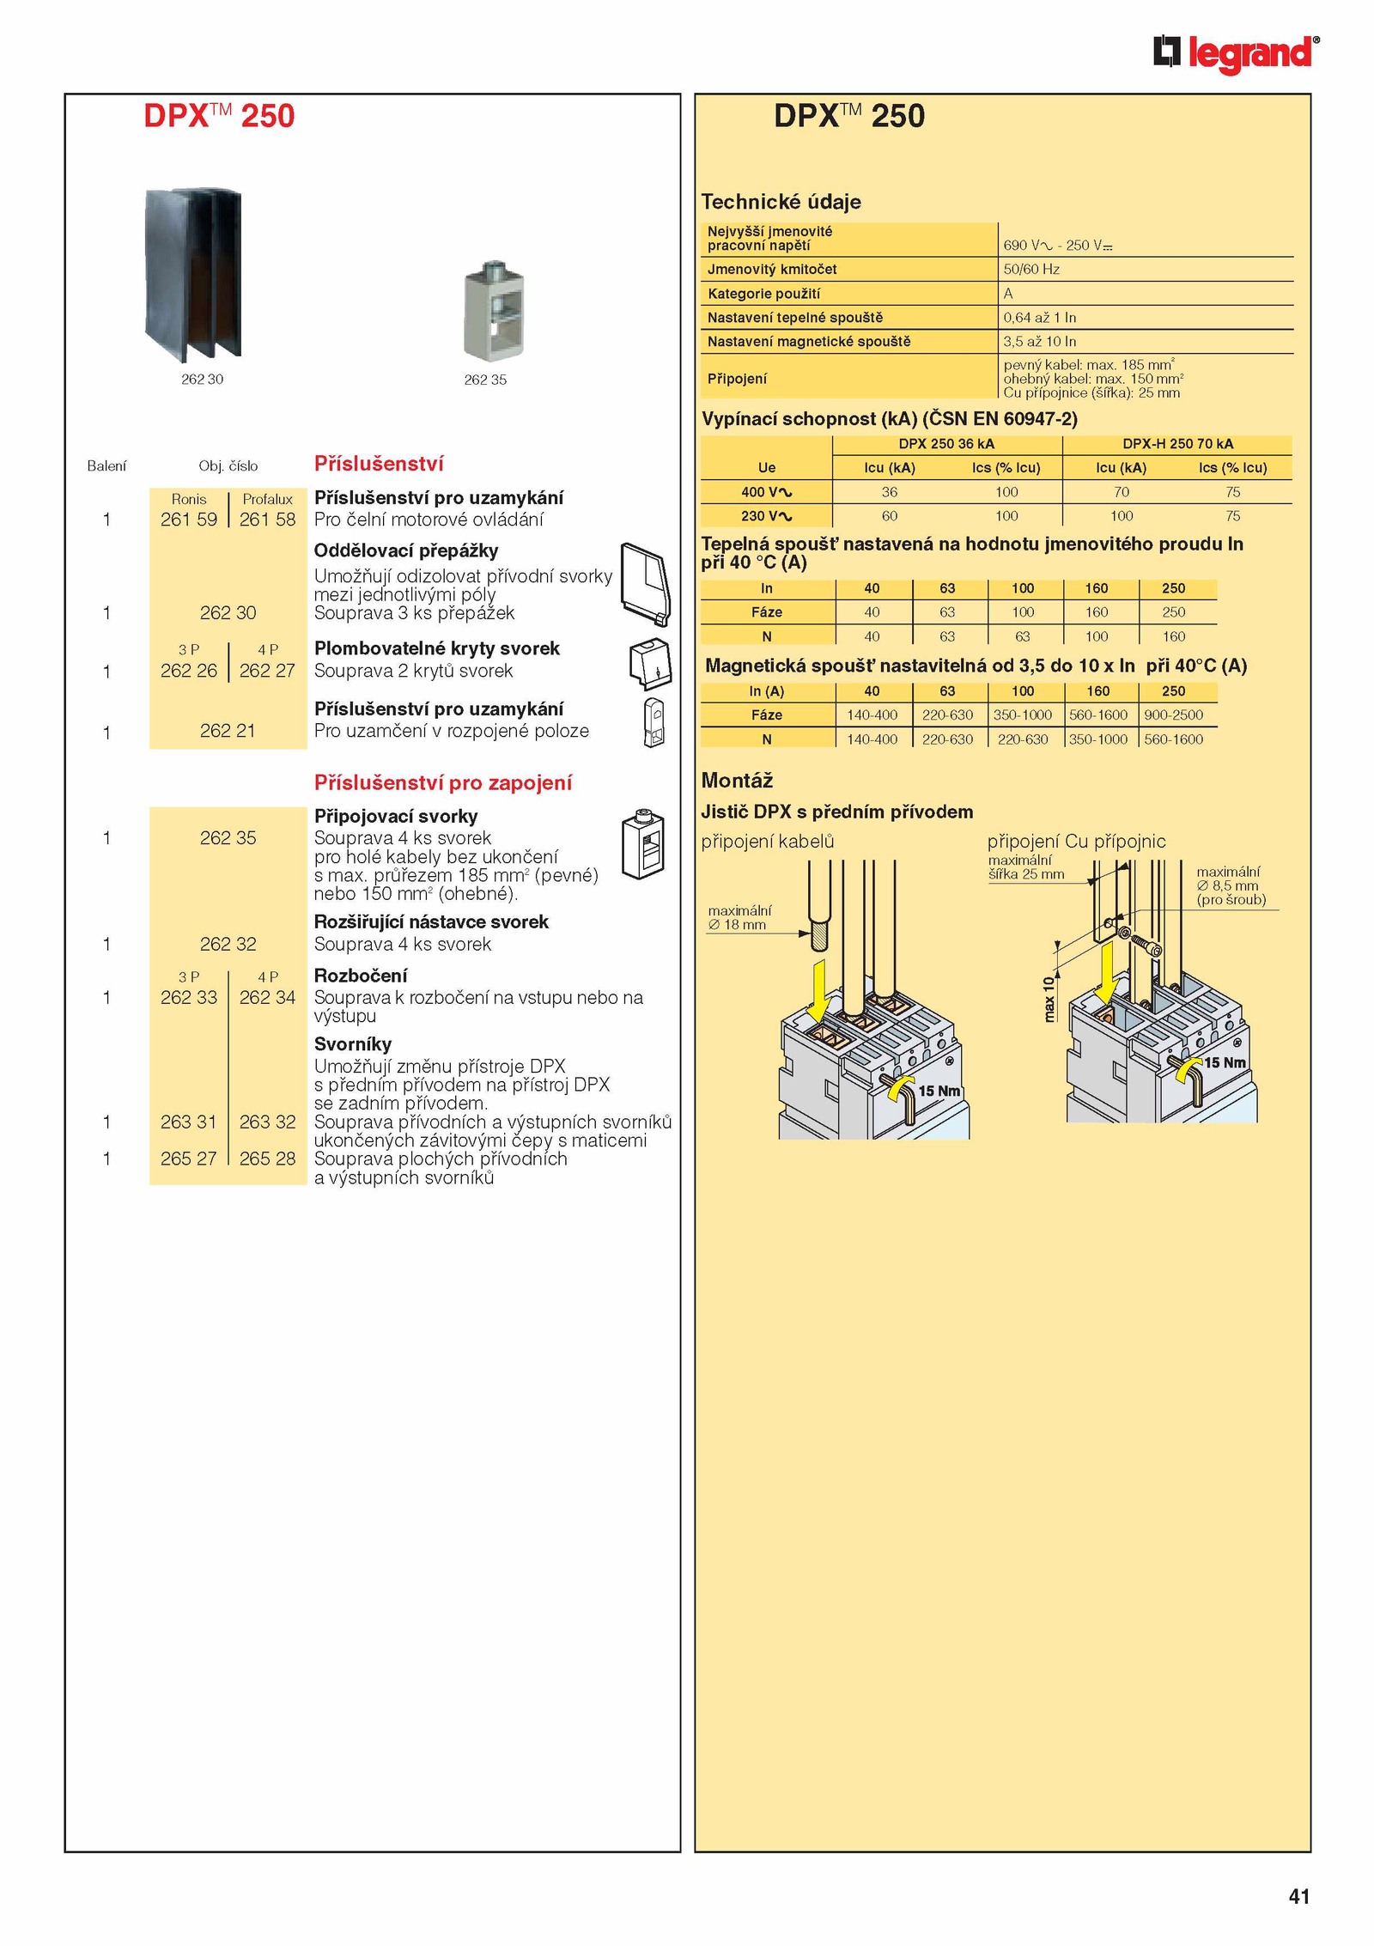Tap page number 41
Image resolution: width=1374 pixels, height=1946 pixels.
coord(1298,1896)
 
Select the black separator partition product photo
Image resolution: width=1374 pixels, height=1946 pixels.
coord(194,273)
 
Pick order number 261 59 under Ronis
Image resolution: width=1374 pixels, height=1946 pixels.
coord(189,520)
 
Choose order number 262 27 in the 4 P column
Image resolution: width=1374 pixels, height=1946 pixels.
coord(267,671)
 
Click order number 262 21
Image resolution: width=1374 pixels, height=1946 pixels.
coord(228,731)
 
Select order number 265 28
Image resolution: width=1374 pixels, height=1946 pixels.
coord(267,1158)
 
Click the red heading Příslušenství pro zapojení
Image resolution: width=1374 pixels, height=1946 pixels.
coord(442,782)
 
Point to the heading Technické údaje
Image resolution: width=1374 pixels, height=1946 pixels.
coord(781,202)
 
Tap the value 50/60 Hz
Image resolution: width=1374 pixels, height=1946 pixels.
coord(1031,270)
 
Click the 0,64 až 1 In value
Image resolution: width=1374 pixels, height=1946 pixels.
coord(1039,318)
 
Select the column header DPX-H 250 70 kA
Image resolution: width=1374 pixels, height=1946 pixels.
coord(1177,444)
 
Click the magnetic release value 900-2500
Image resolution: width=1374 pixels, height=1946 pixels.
coord(1173,715)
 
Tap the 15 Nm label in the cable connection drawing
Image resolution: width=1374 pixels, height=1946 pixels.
coord(939,1091)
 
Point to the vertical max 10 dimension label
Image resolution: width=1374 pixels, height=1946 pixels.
coord(1049,999)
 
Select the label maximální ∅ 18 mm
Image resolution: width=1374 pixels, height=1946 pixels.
coord(739,918)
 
